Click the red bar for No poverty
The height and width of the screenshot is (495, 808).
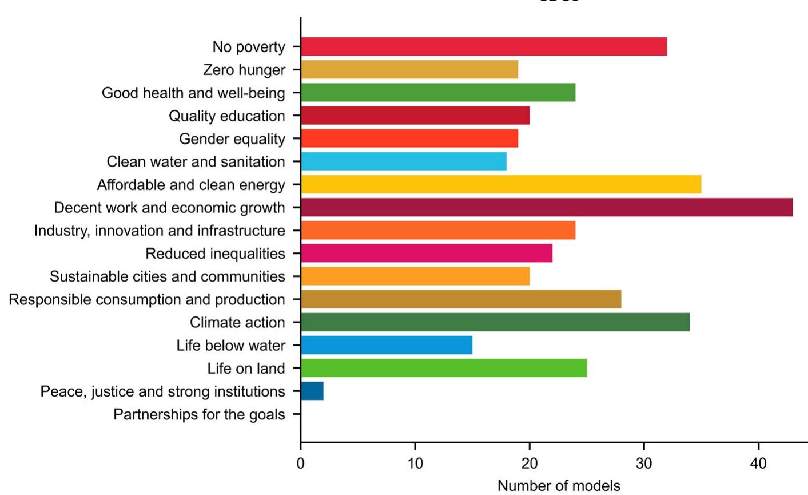(484, 46)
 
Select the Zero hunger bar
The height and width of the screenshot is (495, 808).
(409, 70)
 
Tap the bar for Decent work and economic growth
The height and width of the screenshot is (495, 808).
(547, 207)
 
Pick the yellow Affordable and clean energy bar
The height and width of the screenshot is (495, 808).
(501, 184)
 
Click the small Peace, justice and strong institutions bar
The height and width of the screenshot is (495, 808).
(312, 391)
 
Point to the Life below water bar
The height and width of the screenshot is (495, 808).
(387, 345)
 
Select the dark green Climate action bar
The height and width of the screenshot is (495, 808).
(495, 322)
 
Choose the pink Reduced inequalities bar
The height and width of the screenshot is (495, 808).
(427, 253)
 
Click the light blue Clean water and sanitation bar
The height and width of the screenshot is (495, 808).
(404, 161)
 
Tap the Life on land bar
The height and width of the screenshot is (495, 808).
(444, 368)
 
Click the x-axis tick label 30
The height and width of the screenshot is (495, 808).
(644, 463)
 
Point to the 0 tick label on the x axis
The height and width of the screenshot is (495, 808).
(301, 463)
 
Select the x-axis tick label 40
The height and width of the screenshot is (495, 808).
(758, 463)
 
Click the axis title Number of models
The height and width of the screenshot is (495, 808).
(559, 486)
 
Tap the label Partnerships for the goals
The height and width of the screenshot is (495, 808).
(199, 414)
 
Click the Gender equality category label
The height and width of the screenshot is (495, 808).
(232, 139)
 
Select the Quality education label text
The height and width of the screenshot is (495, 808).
(226, 116)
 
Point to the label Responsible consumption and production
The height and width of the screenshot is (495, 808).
(147, 299)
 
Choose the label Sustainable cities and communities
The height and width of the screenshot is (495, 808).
(167, 276)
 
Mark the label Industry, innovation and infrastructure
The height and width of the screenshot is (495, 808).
(160, 231)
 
